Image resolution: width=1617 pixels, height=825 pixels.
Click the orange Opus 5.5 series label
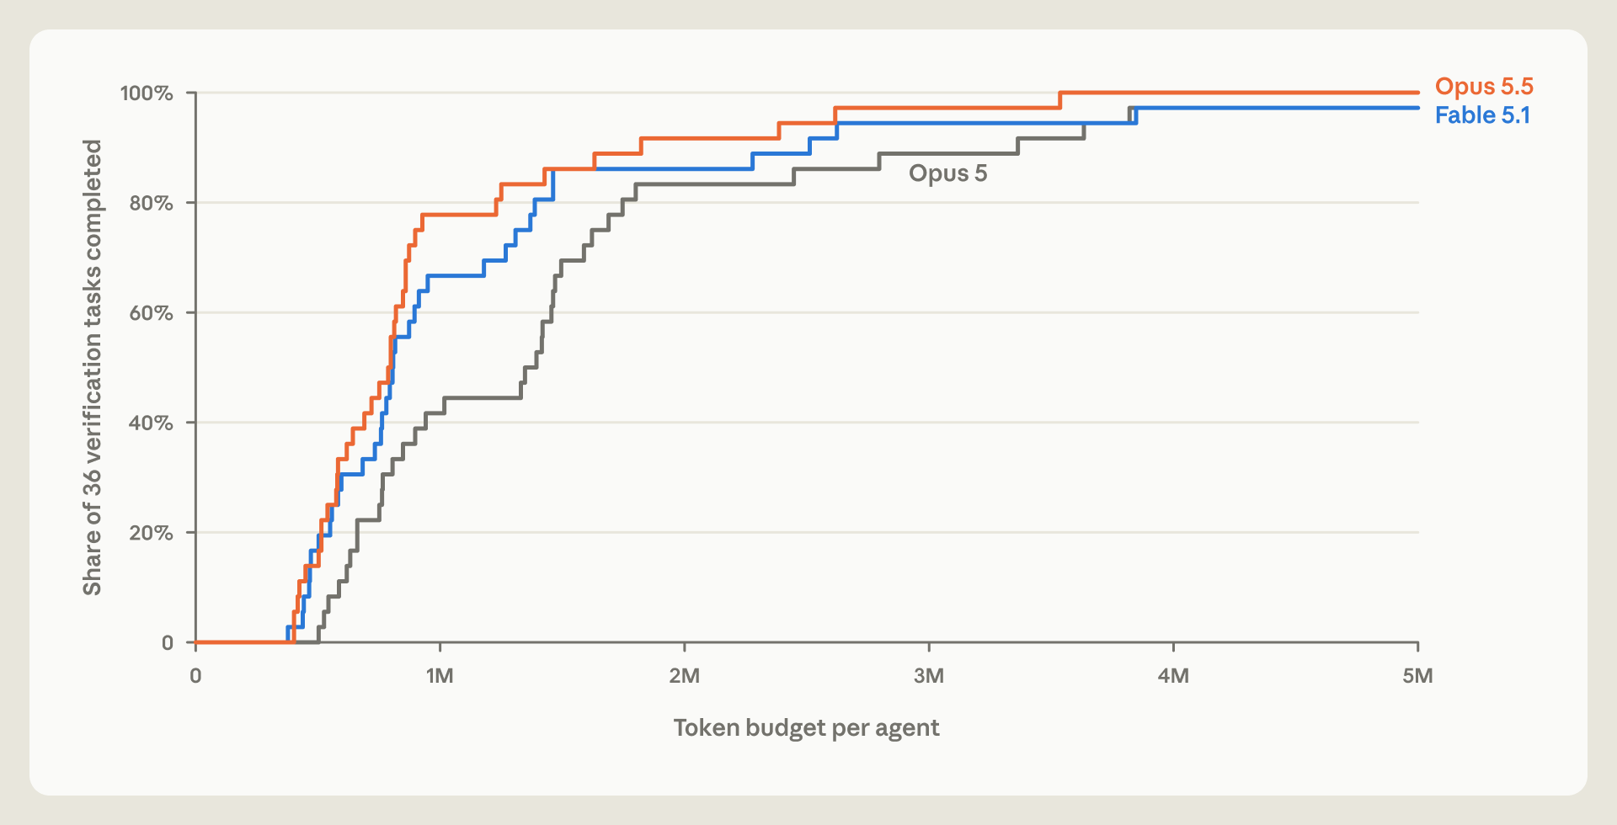point(1484,87)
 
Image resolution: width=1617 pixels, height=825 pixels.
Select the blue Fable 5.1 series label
point(1482,115)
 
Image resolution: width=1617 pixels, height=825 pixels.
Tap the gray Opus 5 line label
point(947,173)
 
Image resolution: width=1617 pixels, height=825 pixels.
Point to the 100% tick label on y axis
point(147,93)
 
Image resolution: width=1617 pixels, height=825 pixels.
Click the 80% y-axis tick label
point(151,203)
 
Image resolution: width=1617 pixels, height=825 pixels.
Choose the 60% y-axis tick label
point(151,313)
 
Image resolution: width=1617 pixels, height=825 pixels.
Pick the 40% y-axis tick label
point(151,423)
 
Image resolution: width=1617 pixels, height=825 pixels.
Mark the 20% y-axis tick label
point(151,533)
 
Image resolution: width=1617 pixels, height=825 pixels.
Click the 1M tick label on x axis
point(440,676)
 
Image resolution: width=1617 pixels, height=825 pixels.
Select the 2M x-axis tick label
point(685,676)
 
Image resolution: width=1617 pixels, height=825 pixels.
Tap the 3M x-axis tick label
point(929,676)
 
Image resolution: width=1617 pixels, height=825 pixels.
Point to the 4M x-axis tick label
point(1173,676)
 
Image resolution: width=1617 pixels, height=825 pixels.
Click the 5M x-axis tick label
point(1417,676)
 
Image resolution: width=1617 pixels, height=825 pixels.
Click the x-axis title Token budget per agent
point(806,728)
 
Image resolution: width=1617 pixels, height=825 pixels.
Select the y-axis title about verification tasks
point(92,368)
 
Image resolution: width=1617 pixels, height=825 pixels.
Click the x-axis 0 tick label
point(195,676)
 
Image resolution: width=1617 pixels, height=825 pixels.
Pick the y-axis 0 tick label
point(167,643)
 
